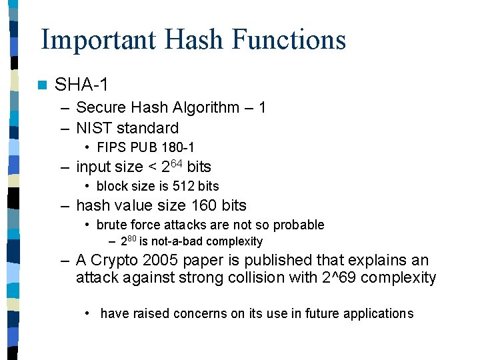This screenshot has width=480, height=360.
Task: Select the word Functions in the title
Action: click(x=289, y=39)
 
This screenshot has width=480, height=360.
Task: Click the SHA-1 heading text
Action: click(x=81, y=85)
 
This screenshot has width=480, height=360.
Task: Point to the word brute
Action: click(x=111, y=225)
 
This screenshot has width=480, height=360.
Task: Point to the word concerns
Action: click(x=201, y=313)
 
